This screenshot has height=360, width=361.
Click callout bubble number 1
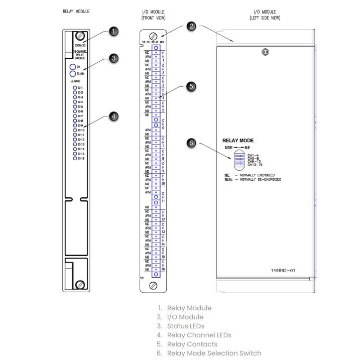114,32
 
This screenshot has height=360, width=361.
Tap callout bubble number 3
114,58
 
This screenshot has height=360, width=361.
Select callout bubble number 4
114,116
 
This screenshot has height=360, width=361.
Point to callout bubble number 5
191,86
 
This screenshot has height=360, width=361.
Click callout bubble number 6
191,143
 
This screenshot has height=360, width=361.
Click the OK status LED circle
72,67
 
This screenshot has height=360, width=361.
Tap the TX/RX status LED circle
72,74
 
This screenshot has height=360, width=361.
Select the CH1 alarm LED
74,88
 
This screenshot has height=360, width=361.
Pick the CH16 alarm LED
74,158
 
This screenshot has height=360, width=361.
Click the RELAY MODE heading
238,141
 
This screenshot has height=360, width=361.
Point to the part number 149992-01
283,270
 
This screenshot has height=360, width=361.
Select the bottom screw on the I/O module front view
153,285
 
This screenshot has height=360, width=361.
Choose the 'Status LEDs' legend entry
185,326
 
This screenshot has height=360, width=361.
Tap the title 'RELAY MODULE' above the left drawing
76,11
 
